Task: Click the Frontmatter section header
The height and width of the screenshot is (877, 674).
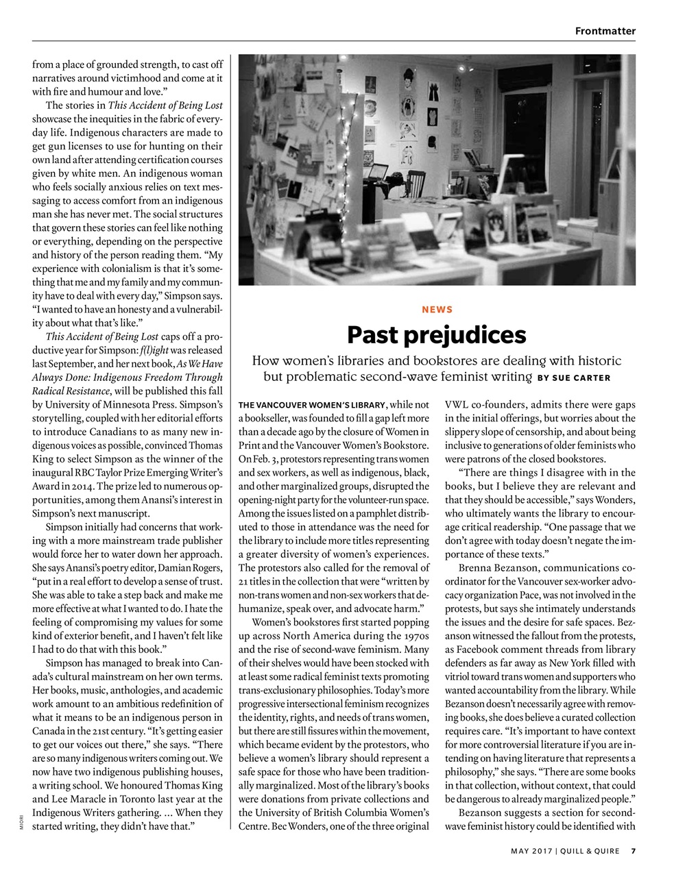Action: (605, 30)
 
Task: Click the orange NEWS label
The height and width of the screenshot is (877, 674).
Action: (437, 310)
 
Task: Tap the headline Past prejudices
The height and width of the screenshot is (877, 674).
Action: (437, 335)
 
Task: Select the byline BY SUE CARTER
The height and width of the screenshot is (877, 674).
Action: (574, 378)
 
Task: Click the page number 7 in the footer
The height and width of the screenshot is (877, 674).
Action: (634, 852)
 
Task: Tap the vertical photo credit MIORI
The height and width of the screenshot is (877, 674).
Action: (21, 822)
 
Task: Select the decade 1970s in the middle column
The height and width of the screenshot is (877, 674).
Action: (413, 636)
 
